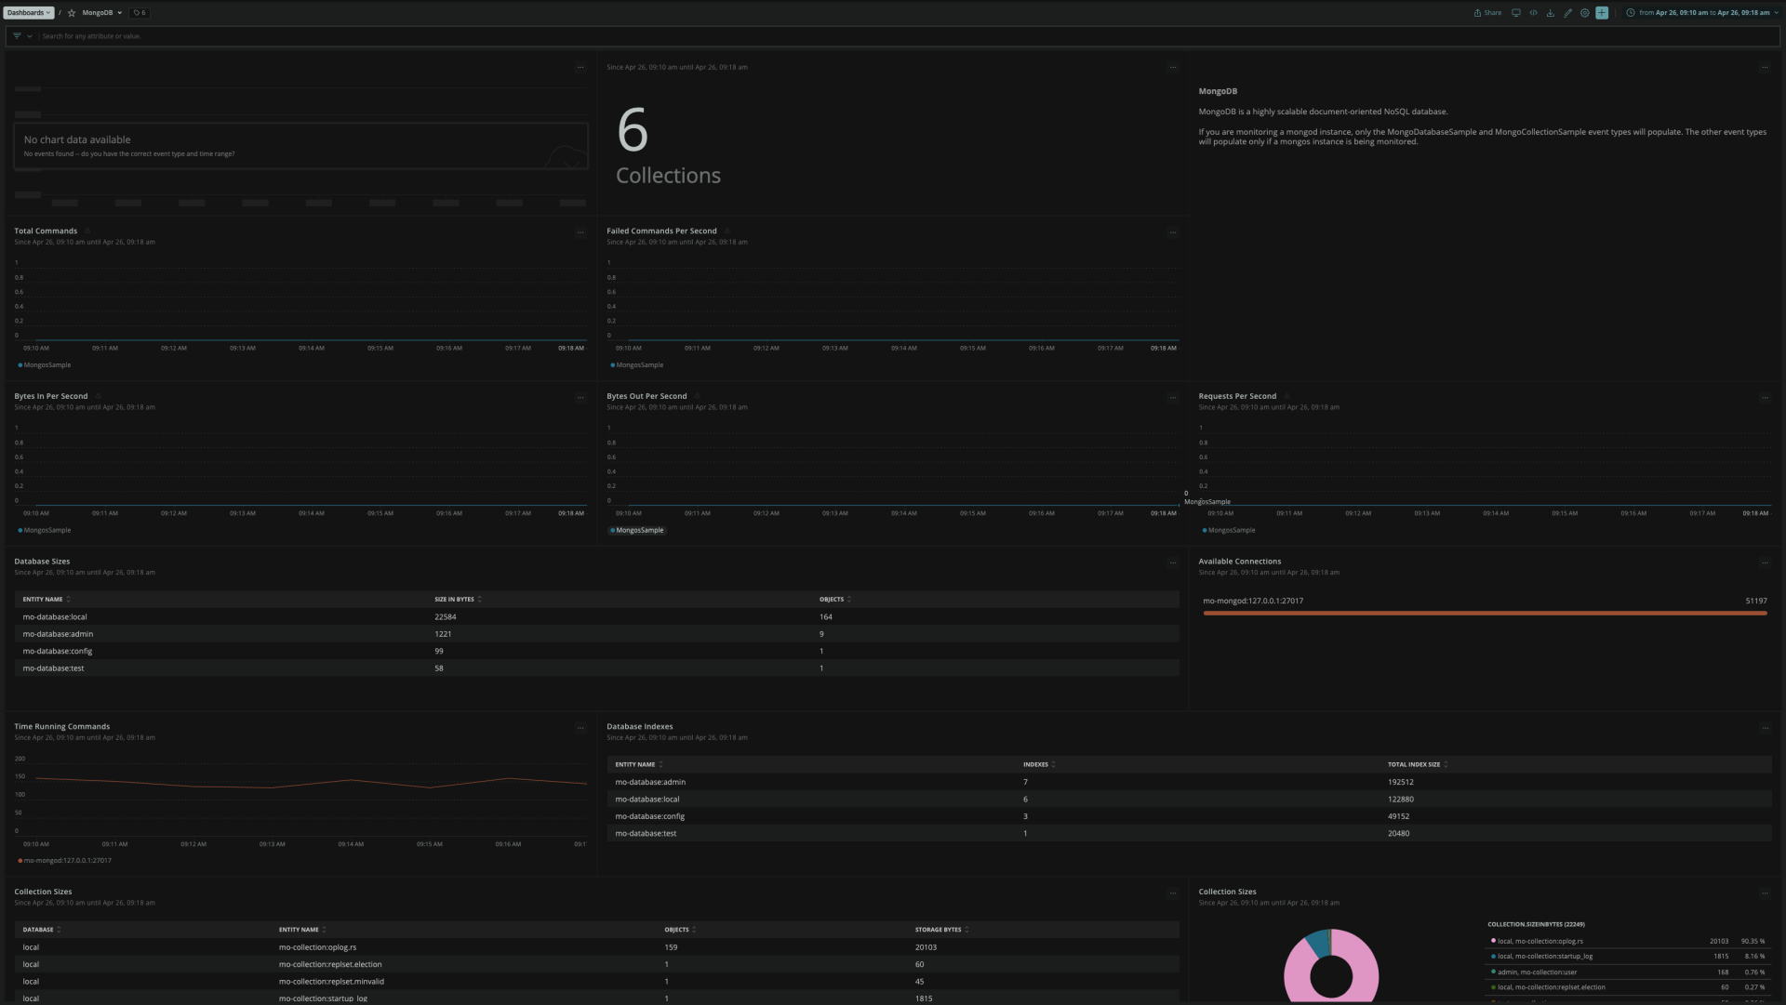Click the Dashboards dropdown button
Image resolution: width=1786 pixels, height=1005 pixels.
(29, 13)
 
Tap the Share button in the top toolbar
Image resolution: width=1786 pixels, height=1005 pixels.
(1487, 13)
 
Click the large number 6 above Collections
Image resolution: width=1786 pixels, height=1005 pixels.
(633, 130)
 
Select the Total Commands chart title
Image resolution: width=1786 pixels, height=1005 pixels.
(46, 231)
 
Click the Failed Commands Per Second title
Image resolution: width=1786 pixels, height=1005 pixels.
(661, 231)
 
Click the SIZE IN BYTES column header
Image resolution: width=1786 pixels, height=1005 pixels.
(454, 600)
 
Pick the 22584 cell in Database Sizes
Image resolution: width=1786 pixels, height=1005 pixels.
(446, 617)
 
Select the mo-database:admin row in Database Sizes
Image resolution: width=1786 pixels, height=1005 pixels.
(58, 634)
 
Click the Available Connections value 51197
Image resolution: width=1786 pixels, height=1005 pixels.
(1755, 601)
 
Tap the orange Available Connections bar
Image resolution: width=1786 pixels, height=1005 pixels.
(1485, 614)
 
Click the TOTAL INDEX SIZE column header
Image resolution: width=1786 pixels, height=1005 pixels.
(1413, 764)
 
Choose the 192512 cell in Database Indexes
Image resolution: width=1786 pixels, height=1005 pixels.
(1400, 782)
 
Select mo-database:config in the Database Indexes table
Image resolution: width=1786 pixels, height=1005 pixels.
(649, 816)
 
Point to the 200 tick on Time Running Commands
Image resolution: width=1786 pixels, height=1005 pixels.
(20, 759)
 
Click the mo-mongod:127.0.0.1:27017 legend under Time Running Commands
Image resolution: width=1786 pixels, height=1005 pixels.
(67, 861)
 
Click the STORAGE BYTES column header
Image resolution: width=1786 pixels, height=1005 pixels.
(938, 930)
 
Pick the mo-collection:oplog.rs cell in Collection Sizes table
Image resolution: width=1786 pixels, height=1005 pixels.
(317, 947)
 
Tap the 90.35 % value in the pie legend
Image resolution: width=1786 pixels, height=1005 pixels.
(1753, 941)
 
